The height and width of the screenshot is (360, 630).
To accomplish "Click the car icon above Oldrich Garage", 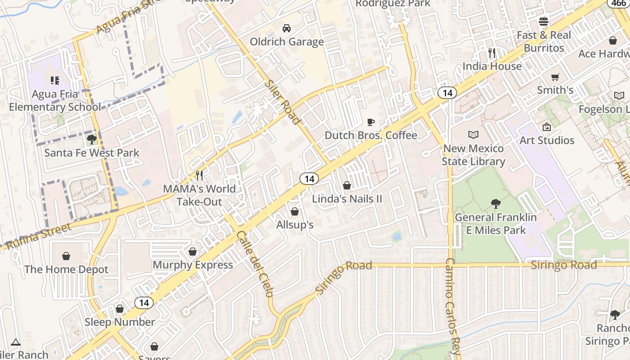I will [x=286, y=28].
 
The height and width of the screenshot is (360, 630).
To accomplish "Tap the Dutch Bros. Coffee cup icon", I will [x=371, y=122].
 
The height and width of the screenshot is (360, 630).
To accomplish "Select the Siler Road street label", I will [x=282, y=102].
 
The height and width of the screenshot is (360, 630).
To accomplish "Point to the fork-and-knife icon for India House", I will [x=492, y=53].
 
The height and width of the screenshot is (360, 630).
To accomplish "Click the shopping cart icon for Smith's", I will [x=555, y=77].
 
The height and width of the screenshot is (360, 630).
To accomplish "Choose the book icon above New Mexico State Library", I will [x=473, y=135].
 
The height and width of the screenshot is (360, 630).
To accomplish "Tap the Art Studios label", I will [x=547, y=140].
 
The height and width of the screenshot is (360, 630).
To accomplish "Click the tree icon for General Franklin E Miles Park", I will [x=495, y=204].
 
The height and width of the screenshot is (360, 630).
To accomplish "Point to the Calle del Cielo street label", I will [x=255, y=264].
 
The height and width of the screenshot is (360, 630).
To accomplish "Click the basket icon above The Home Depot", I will [x=66, y=256].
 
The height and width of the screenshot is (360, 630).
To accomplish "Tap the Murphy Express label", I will [x=193, y=265].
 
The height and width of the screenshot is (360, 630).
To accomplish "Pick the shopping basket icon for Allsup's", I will [x=295, y=211].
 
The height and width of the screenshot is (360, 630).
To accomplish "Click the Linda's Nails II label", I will [x=347, y=198].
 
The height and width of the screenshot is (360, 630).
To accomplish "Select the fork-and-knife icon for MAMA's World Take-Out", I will [x=199, y=175].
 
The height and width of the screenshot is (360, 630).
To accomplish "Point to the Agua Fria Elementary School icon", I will [x=55, y=81].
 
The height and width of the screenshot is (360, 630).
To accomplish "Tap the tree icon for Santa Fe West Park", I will [x=92, y=139].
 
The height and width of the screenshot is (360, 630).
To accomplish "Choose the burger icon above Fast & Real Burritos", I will [x=544, y=22].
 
